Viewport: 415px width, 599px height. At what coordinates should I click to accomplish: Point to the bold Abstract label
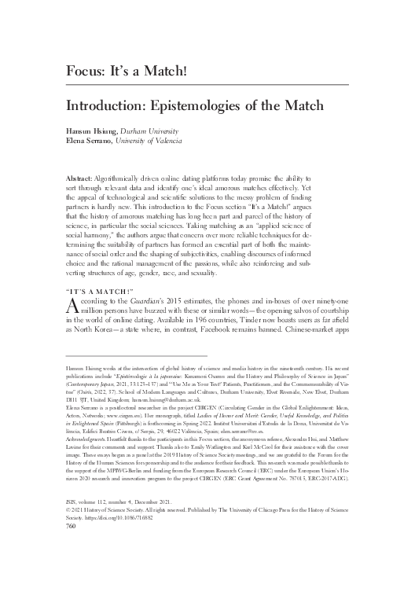tap(76, 181)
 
